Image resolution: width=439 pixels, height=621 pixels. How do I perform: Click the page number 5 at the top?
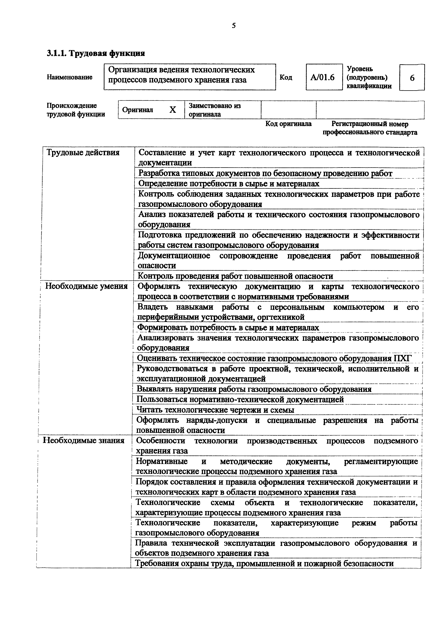coord(234,26)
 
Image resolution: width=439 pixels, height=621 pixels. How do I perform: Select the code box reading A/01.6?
coord(324,77)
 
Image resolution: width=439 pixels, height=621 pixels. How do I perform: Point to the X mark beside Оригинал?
coord(172,110)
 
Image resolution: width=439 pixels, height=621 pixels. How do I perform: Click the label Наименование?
coord(70,77)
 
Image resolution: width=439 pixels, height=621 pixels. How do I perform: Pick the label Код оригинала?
coord(288,124)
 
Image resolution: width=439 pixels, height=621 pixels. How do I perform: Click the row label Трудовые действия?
coord(83,153)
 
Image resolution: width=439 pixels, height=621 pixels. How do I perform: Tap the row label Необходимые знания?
coord(84,441)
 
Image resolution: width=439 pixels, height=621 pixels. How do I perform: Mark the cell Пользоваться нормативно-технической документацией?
coord(240,400)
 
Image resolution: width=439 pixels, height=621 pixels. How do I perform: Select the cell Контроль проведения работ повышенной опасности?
coord(235,276)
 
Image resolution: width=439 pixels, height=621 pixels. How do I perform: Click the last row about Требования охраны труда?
coord(264,564)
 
